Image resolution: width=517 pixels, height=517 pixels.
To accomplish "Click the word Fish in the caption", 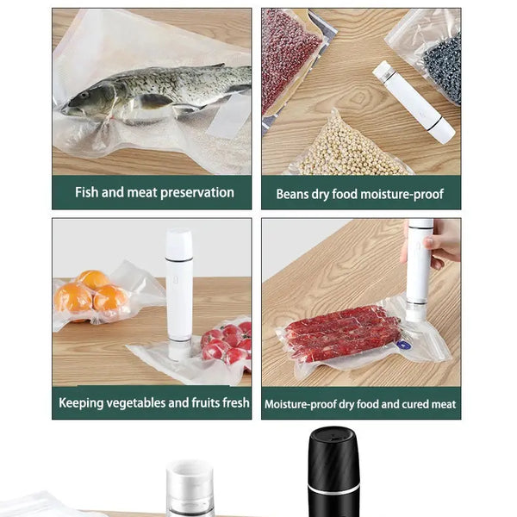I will [87, 192].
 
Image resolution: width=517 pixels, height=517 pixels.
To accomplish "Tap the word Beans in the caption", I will [293, 194].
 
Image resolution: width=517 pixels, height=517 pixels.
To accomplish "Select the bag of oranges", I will [90, 296].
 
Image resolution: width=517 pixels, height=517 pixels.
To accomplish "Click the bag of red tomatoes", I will [225, 342].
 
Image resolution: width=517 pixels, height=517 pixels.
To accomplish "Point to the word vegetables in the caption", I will [136, 402].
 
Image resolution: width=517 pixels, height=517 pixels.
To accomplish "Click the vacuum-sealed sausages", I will [343, 333].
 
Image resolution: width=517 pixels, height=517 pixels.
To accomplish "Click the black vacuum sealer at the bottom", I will [333, 474].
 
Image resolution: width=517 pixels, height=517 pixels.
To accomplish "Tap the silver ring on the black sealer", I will [333, 489].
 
